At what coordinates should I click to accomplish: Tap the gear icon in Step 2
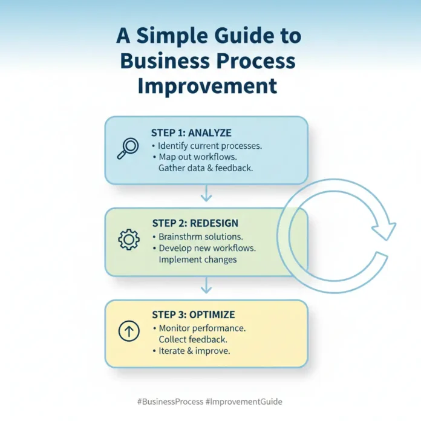point(128,240)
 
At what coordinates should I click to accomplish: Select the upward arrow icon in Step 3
point(128,331)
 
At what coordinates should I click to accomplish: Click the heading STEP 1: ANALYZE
point(191,133)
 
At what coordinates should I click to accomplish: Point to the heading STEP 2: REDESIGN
point(195,223)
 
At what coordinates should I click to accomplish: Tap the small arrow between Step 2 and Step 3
point(206,285)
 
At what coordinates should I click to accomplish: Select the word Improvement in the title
point(207,85)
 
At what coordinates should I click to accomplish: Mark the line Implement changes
point(197,259)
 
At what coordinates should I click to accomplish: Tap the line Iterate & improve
point(195,351)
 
